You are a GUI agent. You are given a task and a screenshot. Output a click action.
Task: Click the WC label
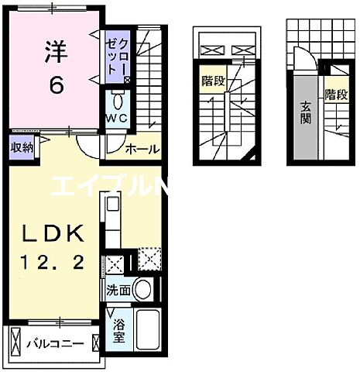click(117, 118)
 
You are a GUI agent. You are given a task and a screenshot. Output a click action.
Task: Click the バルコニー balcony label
click(57, 342)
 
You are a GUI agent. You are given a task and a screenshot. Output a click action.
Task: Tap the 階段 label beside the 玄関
click(335, 95)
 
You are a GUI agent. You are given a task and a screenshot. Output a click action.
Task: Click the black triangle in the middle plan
click(250, 160)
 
